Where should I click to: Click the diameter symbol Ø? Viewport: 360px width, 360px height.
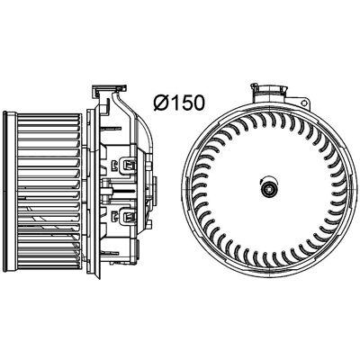click(x=163, y=102)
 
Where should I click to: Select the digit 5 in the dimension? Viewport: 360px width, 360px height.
click(x=187, y=102)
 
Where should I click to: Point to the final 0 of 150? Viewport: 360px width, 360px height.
click(x=199, y=102)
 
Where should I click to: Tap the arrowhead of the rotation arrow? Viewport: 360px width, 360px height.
click(x=261, y=181)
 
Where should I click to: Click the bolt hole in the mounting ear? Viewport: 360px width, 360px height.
click(x=305, y=103)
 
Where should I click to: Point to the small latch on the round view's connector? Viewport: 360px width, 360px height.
click(x=255, y=86)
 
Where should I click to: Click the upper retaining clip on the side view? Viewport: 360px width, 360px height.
click(x=128, y=165)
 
